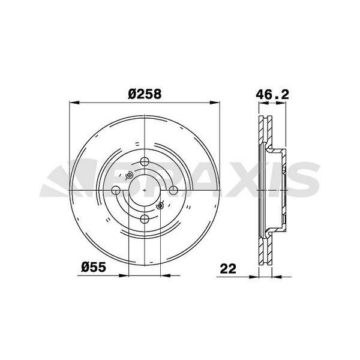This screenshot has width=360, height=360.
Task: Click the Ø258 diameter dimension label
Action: click(145, 94)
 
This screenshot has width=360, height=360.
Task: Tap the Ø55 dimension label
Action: click(94, 267)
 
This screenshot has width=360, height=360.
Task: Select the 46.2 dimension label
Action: click(272, 95)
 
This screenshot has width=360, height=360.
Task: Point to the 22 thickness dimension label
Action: click(228, 269)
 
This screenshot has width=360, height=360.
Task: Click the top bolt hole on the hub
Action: click(145, 161)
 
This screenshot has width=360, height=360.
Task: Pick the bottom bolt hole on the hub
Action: click(145, 219)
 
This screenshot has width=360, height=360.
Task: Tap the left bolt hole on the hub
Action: click(116, 190)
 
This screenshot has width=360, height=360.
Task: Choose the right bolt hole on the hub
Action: click(173, 190)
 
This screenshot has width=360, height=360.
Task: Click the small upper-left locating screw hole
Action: click(129, 176)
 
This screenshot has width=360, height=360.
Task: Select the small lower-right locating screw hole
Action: click(160, 205)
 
